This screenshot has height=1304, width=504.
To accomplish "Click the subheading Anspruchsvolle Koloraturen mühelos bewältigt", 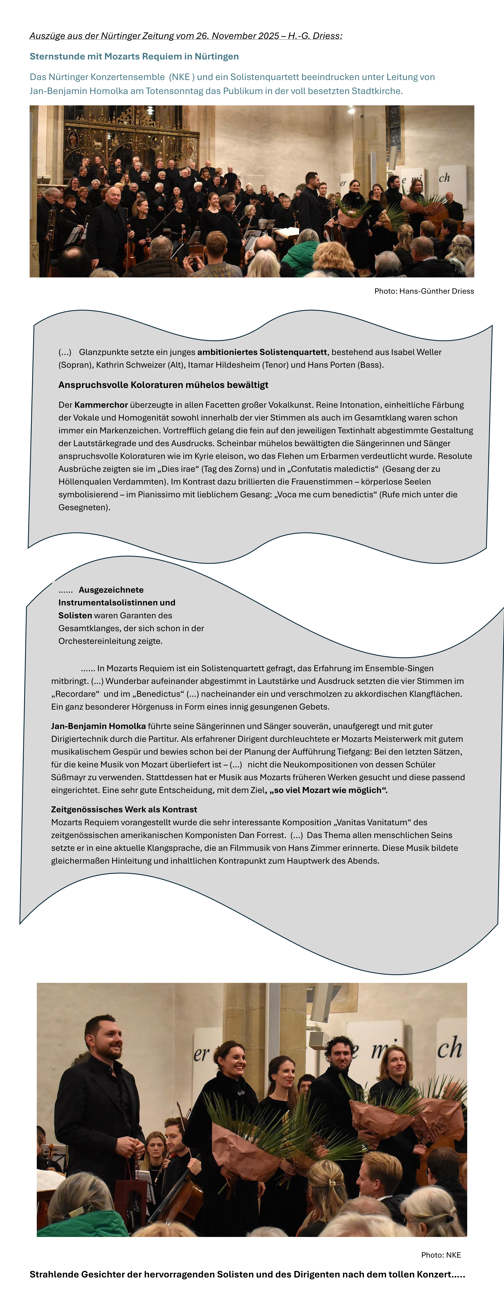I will point(163,385).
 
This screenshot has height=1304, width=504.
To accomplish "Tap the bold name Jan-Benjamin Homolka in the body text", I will point(98,726).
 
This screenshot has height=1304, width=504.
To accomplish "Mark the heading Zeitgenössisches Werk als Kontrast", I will point(124,809).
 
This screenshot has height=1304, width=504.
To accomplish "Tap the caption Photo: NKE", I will point(441,1255).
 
